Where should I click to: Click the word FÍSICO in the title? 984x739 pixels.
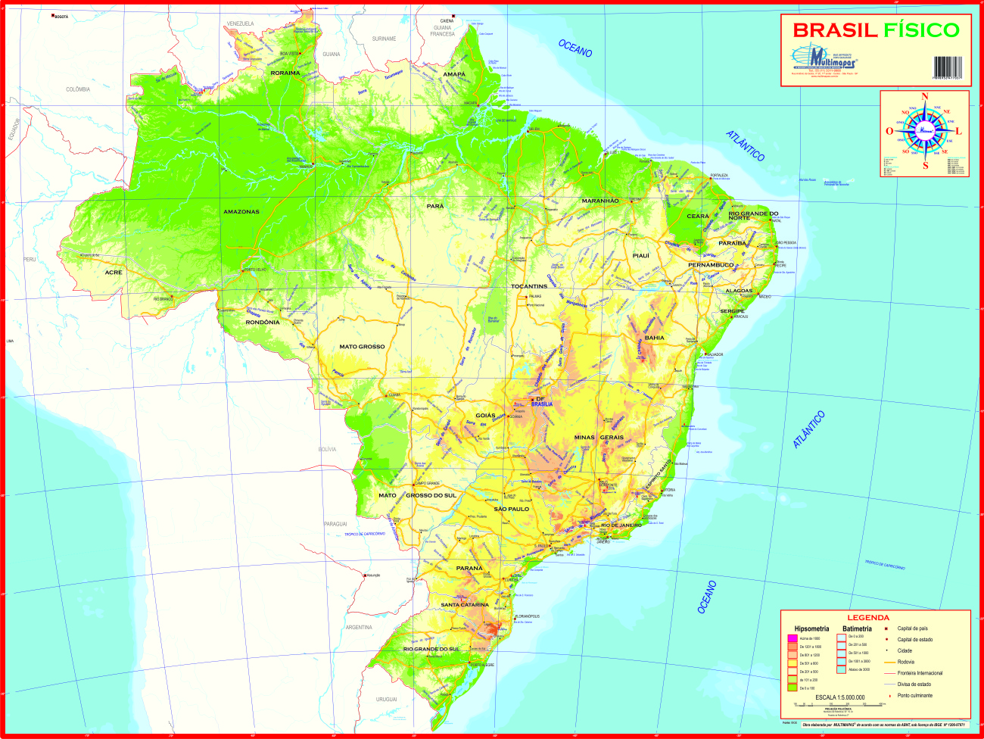(920, 30)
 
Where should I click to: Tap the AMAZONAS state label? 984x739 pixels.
(241, 212)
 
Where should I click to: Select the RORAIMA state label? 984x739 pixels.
(285, 73)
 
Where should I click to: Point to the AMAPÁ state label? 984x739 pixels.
(454, 74)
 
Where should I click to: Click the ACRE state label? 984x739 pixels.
(114, 273)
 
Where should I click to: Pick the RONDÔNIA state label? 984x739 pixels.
(263, 323)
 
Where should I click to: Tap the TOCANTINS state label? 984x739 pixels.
(529, 287)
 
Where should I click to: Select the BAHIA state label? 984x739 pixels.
(654, 338)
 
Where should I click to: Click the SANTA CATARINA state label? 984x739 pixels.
(465, 605)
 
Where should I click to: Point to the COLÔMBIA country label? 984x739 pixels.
(78, 89)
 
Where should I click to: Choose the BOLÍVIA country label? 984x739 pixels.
(327, 450)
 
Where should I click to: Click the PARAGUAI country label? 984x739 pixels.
(335, 524)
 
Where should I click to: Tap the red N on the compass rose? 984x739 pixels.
(924, 97)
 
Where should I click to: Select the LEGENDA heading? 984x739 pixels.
(868, 618)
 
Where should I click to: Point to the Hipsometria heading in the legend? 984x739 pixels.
(811, 629)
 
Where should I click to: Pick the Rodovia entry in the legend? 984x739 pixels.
(906, 663)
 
